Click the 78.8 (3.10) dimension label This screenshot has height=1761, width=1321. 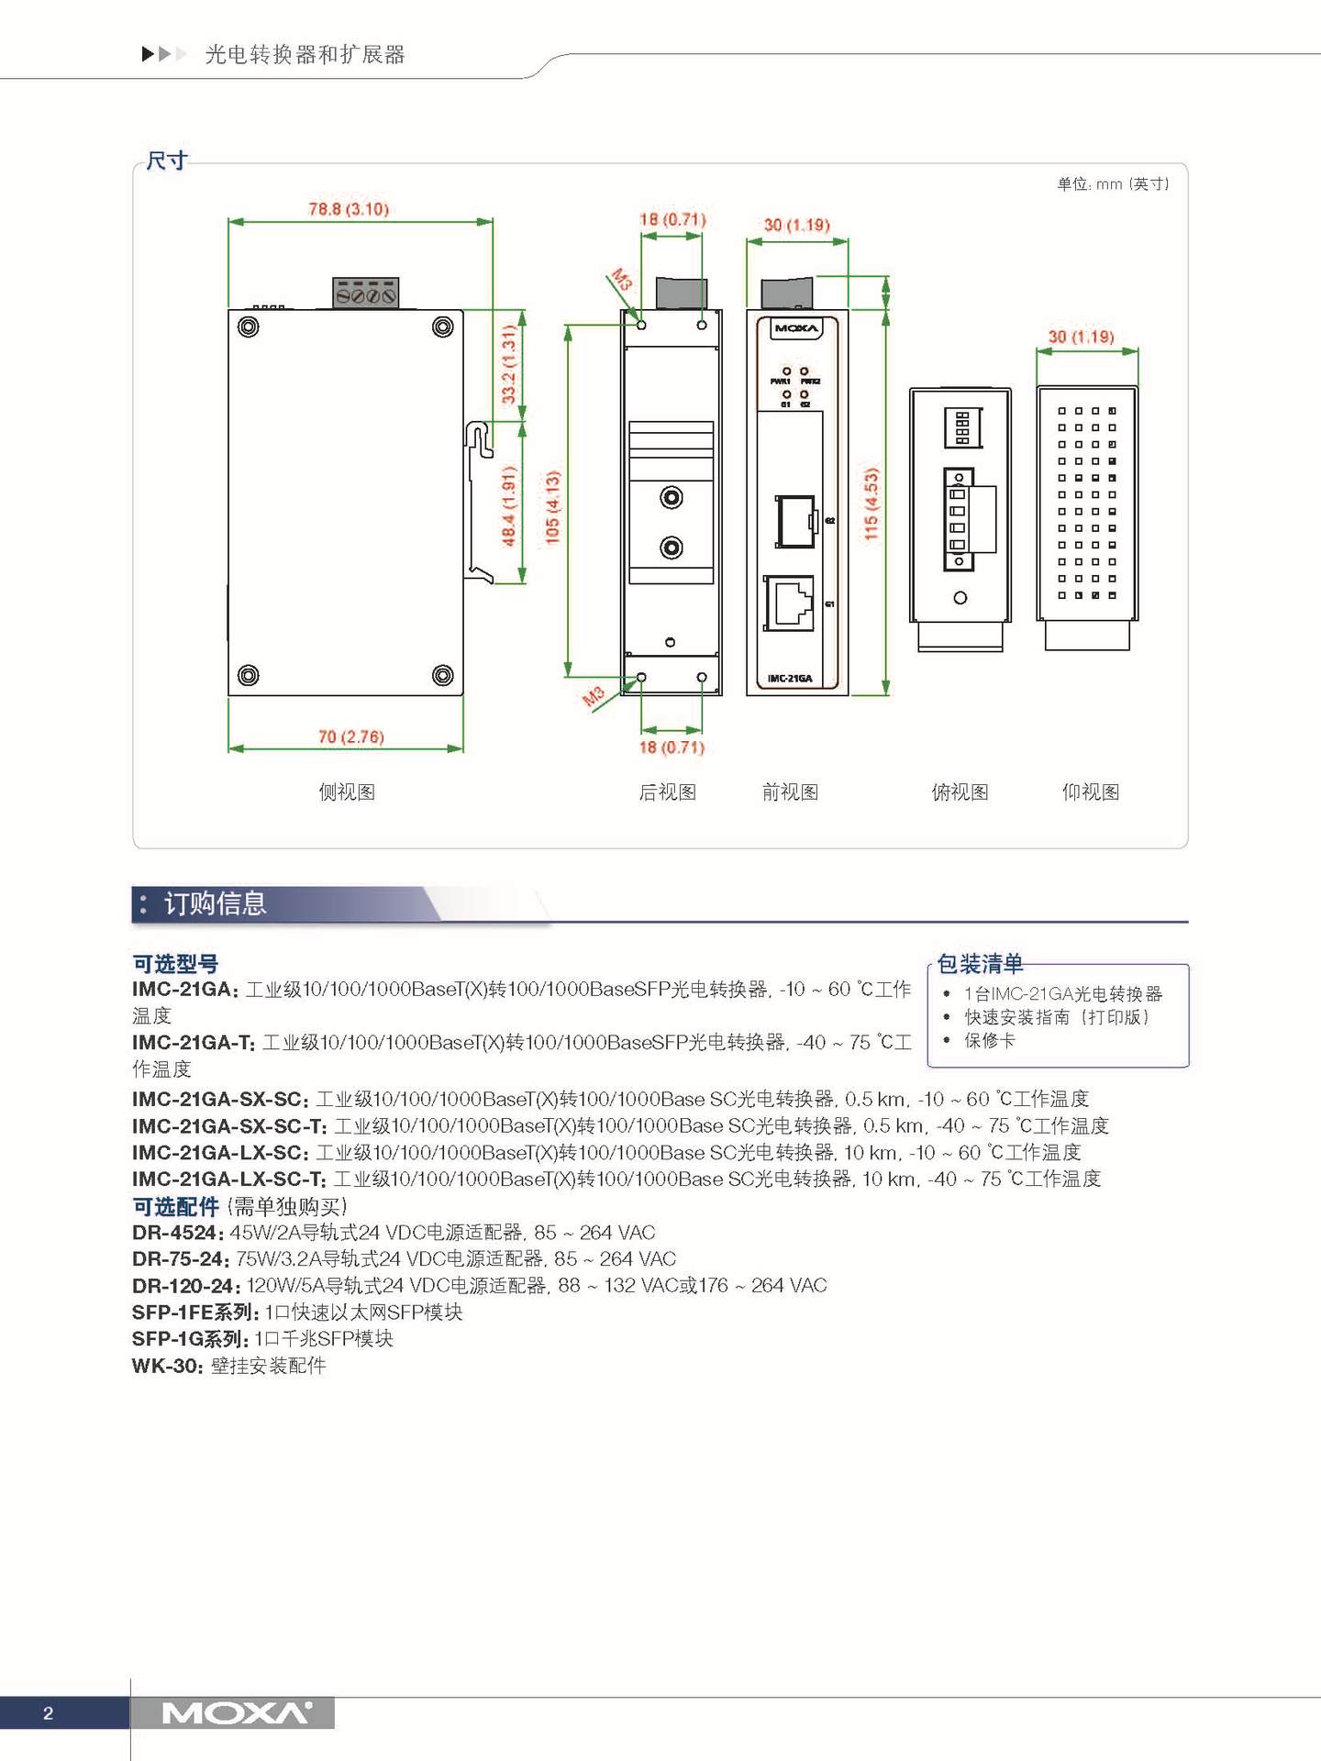[349, 209]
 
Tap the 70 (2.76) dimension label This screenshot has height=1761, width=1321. [350, 737]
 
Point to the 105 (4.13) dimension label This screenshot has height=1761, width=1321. [552, 506]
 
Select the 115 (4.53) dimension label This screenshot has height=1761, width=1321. [871, 503]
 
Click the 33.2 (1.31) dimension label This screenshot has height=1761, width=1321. [509, 365]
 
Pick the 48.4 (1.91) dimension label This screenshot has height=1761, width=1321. [509, 505]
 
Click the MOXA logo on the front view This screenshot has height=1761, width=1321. [796, 328]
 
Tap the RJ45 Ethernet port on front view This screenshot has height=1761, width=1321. [790, 603]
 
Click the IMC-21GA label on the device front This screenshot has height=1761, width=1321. [790, 679]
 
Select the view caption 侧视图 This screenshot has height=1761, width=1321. [347, 792]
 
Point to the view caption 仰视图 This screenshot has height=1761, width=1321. [1090, 792]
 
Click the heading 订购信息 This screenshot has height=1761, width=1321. [215, 904]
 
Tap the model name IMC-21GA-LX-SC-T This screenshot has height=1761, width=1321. [228, 1179]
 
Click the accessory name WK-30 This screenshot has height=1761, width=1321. [166, 1366]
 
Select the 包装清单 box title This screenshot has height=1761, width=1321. [980, 964]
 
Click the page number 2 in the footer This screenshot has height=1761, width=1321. [49, 1712]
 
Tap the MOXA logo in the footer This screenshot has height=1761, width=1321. [237, 1712]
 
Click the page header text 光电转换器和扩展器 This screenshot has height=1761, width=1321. [305, 55]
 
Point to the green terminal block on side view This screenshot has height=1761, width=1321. [365, 293]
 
